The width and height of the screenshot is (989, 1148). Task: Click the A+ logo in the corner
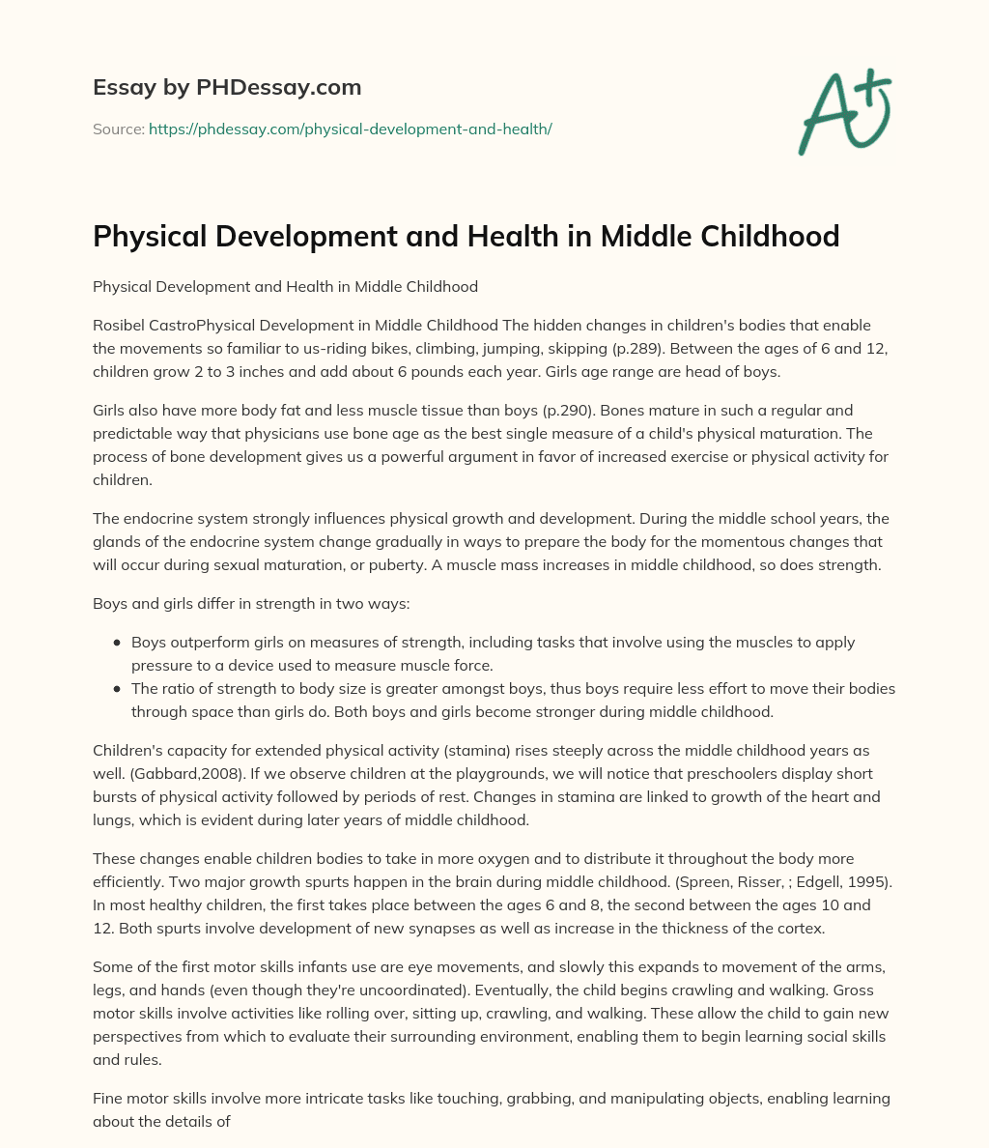coord(844,113)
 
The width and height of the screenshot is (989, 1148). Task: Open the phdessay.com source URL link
coord(350,129)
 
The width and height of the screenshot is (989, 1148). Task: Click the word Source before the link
coord(118,129)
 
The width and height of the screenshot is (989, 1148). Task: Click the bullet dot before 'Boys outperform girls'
coord(118,642)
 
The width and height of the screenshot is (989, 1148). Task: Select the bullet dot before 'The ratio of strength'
coord(118,689)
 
